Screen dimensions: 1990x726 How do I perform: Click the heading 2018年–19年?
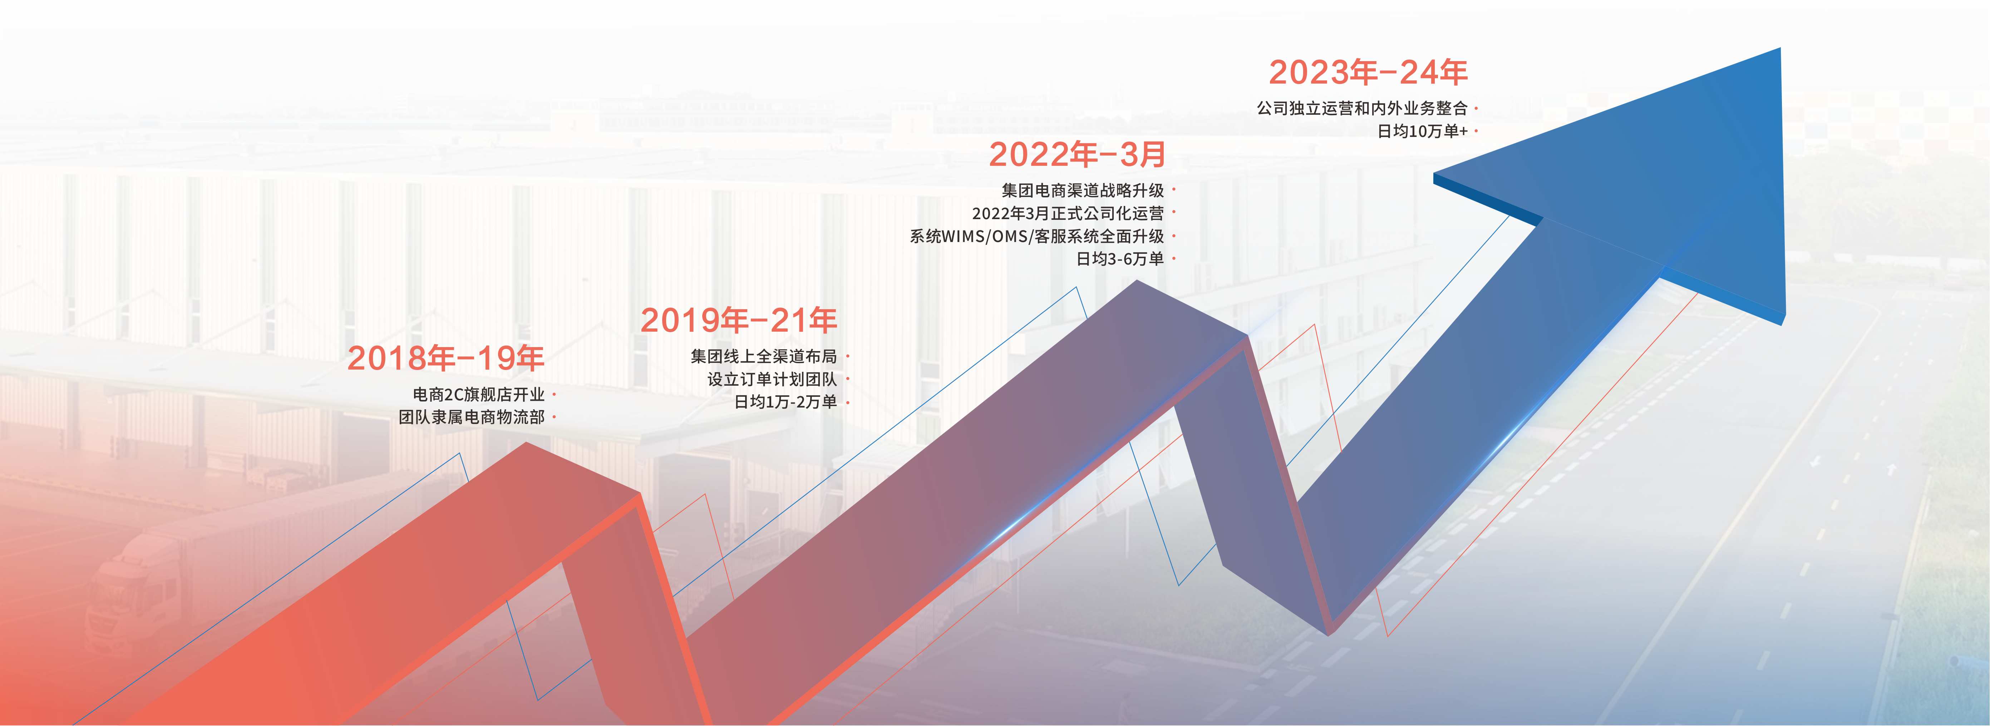click(x=446, y=357)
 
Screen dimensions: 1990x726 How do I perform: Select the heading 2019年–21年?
click(x=739, y=320)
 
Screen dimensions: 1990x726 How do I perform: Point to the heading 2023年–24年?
click(x=1368, y=72)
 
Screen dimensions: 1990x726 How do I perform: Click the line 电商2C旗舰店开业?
click(x=479, y=394)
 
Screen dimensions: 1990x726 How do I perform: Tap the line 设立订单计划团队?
click(x=772, y=379)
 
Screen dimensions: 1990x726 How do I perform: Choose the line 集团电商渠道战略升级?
click(x=1083, y=190)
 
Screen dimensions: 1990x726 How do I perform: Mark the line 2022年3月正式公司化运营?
click(x=1068, y=213)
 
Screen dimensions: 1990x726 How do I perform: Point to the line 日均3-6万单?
click(x=1120, y=259)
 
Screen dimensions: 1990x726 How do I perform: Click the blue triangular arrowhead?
click(x=1645, y=186)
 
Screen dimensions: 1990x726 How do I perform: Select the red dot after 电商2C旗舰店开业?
click(x=554, y=395)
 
